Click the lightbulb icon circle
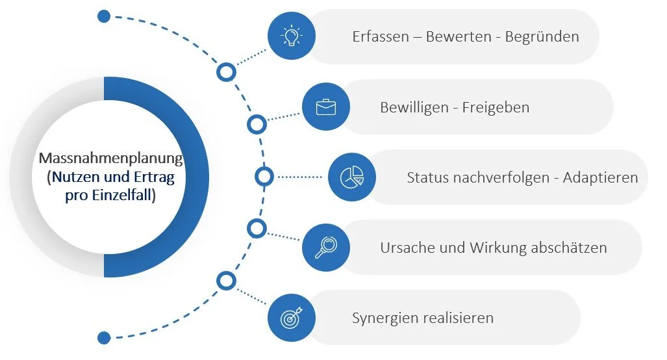point(292,36)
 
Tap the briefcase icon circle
point(326,107)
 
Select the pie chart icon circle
point(351,177)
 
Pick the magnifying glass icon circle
point(326,247)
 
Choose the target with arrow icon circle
point(292,317)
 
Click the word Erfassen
point(379,37)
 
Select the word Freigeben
point(496,107)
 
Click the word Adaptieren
point(601,177)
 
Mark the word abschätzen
point(567,248)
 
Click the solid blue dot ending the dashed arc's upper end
point(104,16)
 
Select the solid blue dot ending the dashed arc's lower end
point(104,337)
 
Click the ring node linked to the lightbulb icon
point(226,71)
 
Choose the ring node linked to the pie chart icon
point(264,177)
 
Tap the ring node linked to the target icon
point(226,281)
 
